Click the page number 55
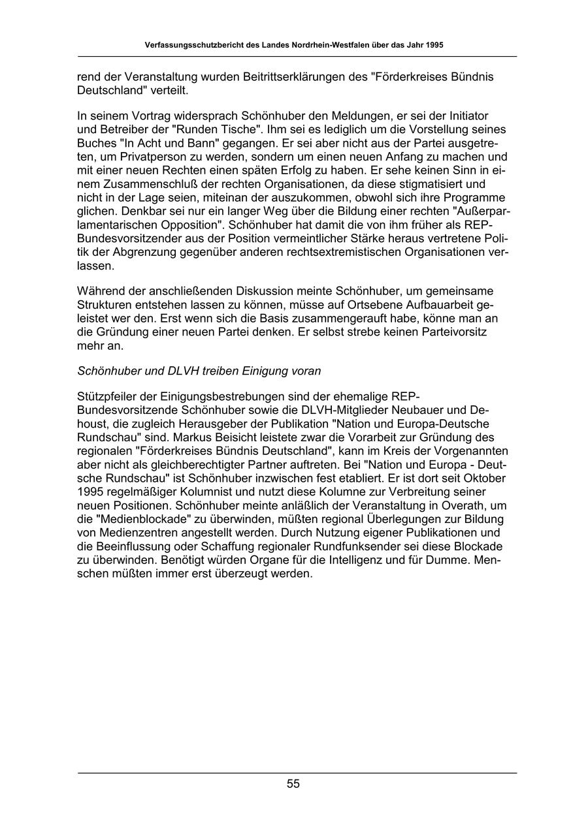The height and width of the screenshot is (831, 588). coord(293,784)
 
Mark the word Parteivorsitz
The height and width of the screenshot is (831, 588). coord(451,332)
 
